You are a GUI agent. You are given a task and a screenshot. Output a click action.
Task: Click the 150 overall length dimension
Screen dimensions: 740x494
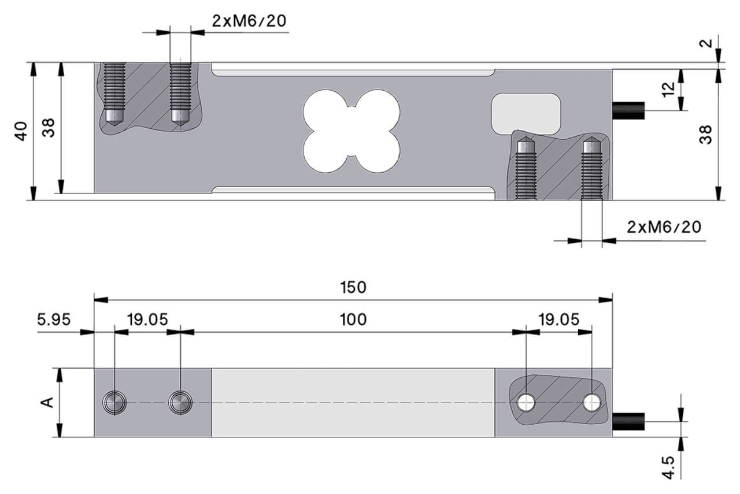coord(353,287)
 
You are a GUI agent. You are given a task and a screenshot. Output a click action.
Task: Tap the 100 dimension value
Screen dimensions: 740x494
coord(353,320)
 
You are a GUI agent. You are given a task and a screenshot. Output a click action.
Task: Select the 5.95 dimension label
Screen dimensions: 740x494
coord(54,320)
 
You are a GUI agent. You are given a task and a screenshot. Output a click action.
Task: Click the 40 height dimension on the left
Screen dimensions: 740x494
coord(21,131)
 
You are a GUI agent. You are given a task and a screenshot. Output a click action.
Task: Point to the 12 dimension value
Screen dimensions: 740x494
coord(668,89)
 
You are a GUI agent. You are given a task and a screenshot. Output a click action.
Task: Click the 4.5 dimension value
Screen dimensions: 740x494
coord(668,467)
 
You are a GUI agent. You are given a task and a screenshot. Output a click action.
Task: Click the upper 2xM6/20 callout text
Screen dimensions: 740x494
coord(249,21)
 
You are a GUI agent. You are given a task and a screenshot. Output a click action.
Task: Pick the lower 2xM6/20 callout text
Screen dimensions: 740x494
coord(664,227)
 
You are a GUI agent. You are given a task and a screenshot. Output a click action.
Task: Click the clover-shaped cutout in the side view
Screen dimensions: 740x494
coord(351,131)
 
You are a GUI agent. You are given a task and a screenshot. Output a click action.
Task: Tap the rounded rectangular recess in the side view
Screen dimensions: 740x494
coord(526,113)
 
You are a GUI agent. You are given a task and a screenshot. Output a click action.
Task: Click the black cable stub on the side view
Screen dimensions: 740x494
coord(628,110)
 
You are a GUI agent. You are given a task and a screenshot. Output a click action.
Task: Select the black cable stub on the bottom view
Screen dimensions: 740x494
coord(628,421)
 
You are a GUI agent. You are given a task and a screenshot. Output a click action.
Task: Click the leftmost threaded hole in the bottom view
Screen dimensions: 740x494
coord(114,403)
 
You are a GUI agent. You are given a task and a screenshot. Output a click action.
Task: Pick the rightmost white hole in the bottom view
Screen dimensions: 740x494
coord(591,403)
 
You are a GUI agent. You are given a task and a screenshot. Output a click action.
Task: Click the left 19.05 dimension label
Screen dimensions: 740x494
coord(147,320)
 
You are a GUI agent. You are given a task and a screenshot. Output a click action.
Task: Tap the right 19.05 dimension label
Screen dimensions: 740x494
coord(559,320)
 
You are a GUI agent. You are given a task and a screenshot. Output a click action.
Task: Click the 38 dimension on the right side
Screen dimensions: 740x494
coord(705,135)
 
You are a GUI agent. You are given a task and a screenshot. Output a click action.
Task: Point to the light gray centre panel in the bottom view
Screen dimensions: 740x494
coord(353,403)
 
